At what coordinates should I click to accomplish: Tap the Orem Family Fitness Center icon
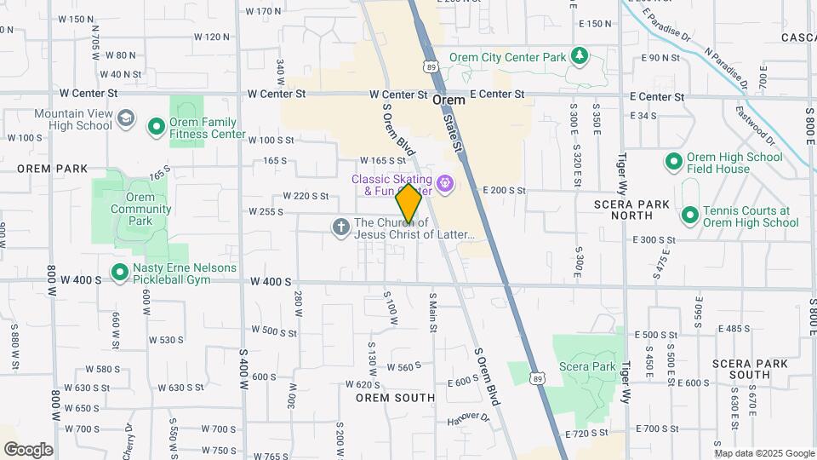(156, 128)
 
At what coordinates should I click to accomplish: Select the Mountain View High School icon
(127, 118)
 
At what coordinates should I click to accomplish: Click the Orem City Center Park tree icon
(580, 57)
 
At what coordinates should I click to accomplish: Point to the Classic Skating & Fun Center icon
(444, 183)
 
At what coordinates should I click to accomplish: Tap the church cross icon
(340, 227)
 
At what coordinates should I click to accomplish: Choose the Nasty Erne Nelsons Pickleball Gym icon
(119, 273)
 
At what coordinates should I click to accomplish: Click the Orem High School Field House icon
(673, 162)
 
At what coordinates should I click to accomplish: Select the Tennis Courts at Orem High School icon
(690, 216)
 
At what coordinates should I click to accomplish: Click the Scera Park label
(587, 366)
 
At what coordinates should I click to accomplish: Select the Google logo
(28, 449)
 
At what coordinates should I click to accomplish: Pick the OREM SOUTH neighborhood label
(395, 398)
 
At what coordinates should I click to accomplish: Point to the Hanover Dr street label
(469, 419)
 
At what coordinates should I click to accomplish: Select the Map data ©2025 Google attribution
(763, 453)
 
